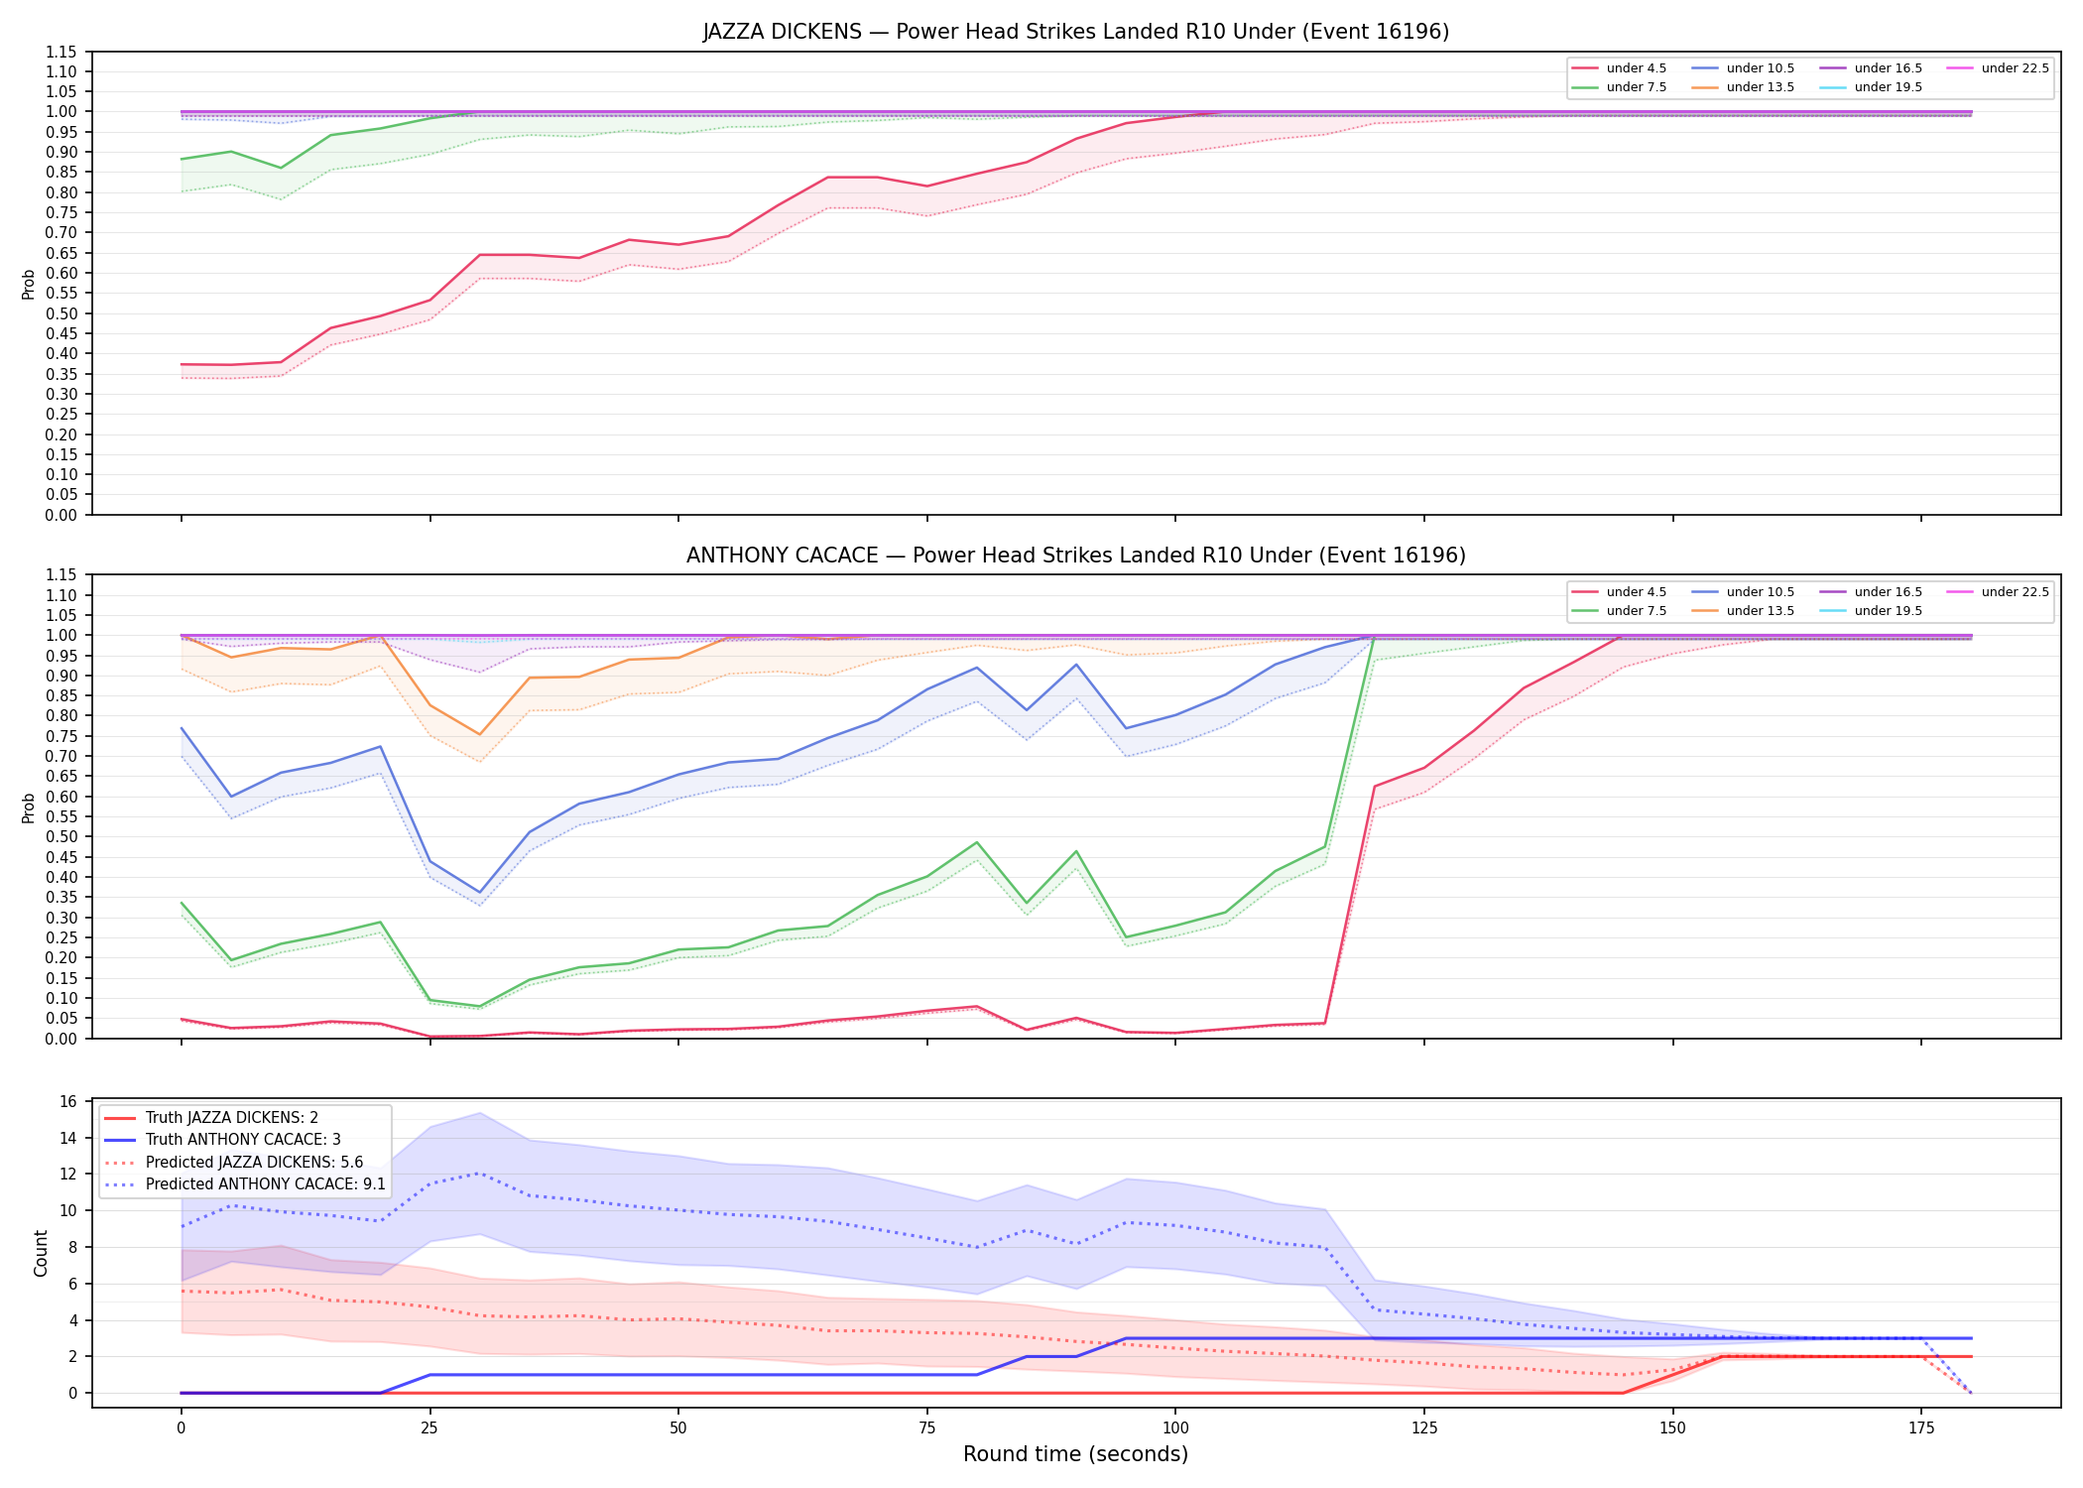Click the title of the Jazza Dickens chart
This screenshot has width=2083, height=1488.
click(x=1075, y=32)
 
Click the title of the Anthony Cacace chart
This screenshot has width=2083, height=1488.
click(x=1075, y=556)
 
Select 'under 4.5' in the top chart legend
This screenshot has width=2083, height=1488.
click(x=1636, y=68)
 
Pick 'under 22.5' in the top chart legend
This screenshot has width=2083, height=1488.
click(x=2015, y=68)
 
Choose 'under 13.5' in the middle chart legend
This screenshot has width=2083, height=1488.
click(x=1760, y=611)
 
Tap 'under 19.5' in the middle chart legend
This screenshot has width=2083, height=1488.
click(x=1888, y=611)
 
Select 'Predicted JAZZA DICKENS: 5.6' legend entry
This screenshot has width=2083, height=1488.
click(x=254, y=1162)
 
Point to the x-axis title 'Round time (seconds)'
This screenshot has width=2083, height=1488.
click(x=1075, y=1454)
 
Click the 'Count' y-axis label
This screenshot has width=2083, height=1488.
click(x=41, y=1253)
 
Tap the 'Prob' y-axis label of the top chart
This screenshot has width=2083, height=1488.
click(x=29, y=284)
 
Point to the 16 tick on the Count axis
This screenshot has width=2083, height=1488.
click(x=68, y=1101)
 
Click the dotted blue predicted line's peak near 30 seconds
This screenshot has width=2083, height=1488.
click(x=479, y=1174)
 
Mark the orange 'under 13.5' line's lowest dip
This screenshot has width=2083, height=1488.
click(x=479, y=735)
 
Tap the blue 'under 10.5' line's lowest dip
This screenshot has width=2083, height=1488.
click(x=479, y=893)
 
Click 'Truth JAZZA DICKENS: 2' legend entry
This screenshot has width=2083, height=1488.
click(x=232, y=1118)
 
